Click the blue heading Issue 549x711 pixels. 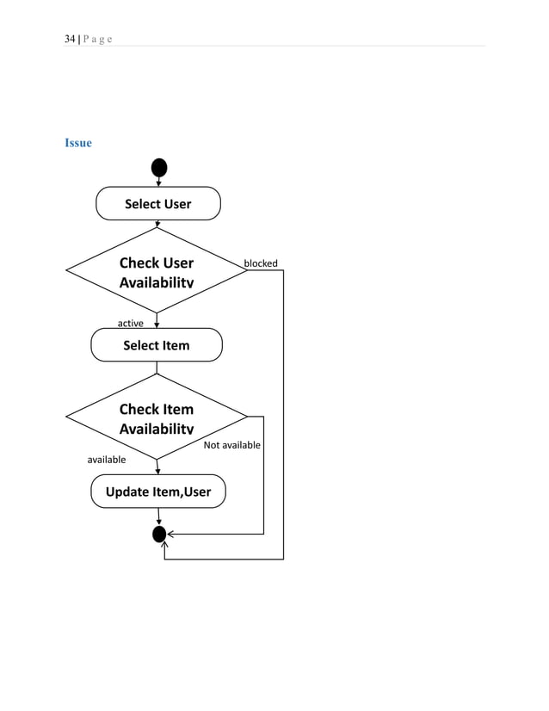(x=78, y=143)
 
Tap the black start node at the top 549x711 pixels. (x=158, y=167)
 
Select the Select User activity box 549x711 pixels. (x=157, y=204)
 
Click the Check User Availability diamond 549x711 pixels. (x=157, y=271)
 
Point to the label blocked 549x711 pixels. (x=261, y=263)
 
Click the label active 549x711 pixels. (x=130, y=324)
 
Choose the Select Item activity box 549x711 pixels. (x=157, y=345)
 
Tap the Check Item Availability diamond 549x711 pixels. (x=157, y=417)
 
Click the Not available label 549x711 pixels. (x=231, y=445)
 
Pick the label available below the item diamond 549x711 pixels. (x=107, y=460)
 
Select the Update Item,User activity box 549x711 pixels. (x=158, y=492)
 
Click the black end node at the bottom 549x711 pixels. (x=159, y=535)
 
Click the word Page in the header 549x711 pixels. (x=97, y=39)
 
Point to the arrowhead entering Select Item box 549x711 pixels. (x=157, y=325)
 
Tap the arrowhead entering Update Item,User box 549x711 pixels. (x=158, y=470)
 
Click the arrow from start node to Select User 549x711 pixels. (x=158, y=181)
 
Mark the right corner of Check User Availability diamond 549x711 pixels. (x=246, y=270)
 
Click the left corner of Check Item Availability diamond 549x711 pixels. (x=67, y=417)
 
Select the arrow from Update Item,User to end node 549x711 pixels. (x=158, y=516)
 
